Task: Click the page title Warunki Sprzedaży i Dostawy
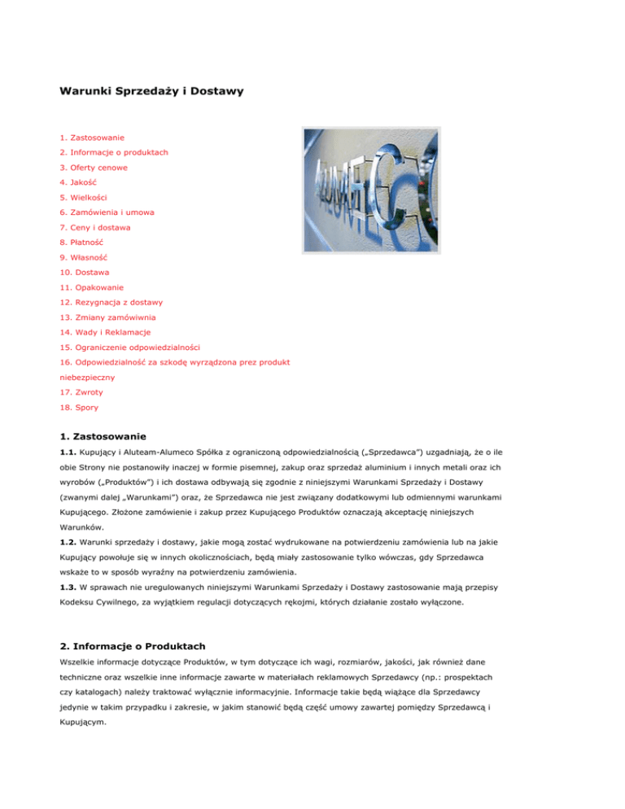tap(151, 93)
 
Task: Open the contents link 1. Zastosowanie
tap(92, 138)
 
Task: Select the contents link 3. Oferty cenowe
tap(94, 167)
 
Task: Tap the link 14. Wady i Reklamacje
tap(111, 332)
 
